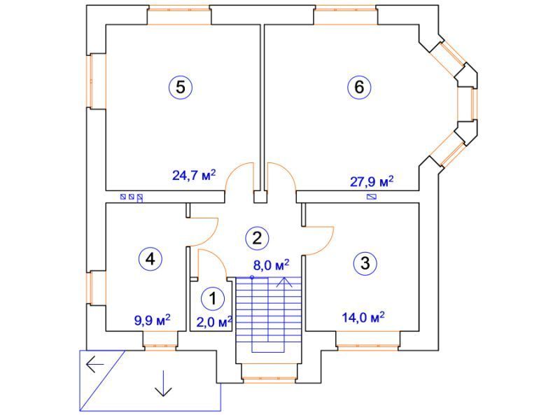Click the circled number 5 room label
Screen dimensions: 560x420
[x=181, y=87]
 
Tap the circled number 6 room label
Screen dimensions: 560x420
[x=359, y=87]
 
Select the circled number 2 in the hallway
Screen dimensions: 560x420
[x=257, y=238]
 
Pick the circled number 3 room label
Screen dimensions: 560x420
[x=365, y=264]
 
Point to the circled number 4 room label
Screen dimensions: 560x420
[x=150, y=258]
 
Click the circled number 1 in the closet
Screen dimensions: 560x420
[x=213, y=299]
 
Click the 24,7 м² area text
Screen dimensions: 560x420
[x=194, y=175]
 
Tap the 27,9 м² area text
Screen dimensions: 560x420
[x=372, y=181]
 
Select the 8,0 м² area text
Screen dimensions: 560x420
[x=271, y=265]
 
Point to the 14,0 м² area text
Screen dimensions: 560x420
[x=363, y=317]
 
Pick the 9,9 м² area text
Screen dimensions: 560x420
[x=152, y=320]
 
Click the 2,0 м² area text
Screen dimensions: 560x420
[x=215, y=322]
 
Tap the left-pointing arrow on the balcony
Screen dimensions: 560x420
[x=94, y=364]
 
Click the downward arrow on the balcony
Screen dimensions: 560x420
[x=164, y=383]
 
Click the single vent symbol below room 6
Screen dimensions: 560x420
[x=372, y=197]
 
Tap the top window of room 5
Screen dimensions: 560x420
[x=179, y=16]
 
